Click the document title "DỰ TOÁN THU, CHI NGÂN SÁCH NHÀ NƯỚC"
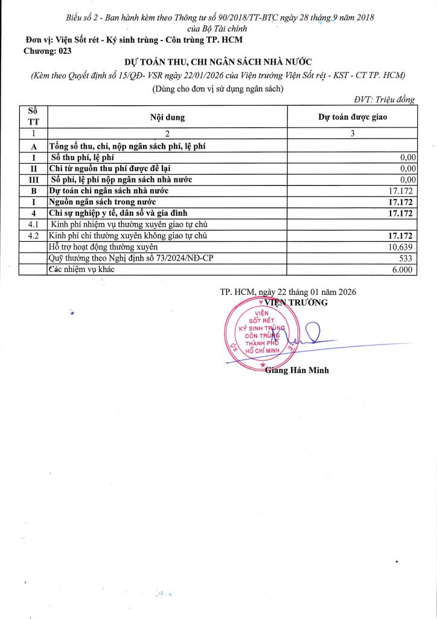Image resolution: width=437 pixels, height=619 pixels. (x=218, y=63)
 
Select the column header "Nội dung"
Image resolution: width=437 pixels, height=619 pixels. (x=167, y=117)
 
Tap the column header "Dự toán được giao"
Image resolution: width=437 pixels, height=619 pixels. (x=352, y=117)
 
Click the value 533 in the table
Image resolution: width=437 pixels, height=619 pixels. (x=409, y=258)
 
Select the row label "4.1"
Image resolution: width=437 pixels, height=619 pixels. (x=33, y=224)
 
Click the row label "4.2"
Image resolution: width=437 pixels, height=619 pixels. (x=33, y=235)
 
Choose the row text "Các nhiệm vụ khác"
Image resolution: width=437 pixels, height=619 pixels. (x=81, y=270)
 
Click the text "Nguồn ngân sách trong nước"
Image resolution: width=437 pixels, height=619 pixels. (x=102, y=201)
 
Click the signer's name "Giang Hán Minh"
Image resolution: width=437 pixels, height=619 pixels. (x=297, y=370)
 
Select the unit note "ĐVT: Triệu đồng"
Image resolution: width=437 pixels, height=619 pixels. (x=384, y=100)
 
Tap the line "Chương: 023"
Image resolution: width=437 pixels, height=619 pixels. (x=47, y=51)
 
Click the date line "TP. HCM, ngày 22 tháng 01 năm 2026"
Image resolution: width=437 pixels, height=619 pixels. (x=288, y=291)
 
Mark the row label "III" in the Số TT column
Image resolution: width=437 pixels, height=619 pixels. (x=33, y=179)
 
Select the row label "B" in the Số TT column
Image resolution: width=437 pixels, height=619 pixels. (x=33, y=190)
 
